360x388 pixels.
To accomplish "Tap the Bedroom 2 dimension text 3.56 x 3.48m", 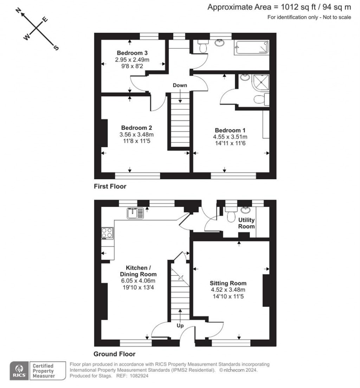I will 137,135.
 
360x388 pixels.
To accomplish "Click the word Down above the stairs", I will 180,85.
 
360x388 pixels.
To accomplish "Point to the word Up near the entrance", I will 180,326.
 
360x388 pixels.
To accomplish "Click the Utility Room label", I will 246,223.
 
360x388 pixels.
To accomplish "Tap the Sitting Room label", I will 228,283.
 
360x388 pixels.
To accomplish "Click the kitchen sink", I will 135,213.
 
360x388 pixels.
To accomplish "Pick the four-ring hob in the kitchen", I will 108,233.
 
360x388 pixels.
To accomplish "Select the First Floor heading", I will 110,186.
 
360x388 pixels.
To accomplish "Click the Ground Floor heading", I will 114,354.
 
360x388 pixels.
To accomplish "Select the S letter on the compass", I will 55,48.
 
